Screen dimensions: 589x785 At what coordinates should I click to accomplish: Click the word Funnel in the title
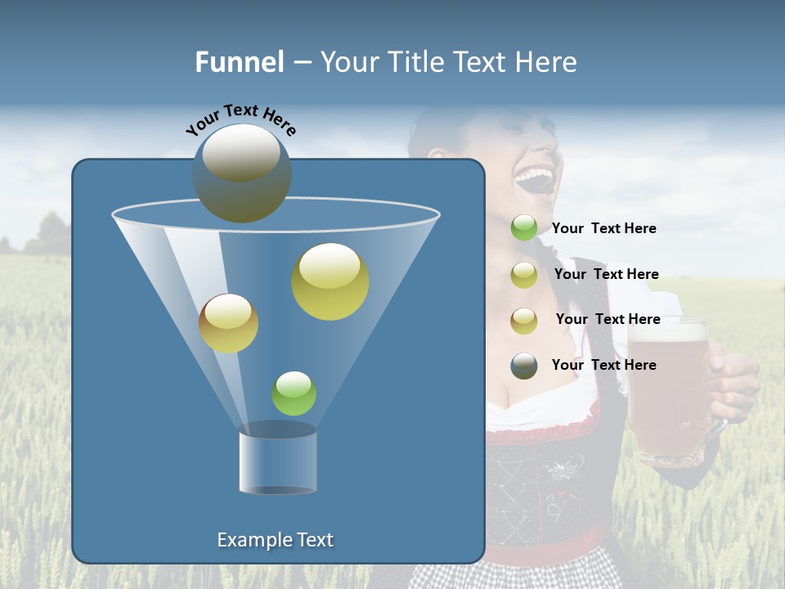(x=240, y=62)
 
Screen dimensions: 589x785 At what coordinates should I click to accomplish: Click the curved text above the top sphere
(x=240, y=119)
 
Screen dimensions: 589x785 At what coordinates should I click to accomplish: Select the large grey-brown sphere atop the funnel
(x=242, y=173)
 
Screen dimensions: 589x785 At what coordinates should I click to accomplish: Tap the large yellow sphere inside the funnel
(x=330, y=281)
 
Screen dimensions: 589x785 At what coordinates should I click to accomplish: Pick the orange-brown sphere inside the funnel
(x=228, y=323)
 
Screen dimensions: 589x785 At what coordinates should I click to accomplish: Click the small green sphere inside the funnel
(x=294, y=393)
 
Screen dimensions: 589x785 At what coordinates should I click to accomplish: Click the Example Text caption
(x=275, y=540)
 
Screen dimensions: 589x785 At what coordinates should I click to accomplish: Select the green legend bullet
(x=524, y=228)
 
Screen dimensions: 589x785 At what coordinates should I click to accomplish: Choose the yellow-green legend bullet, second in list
(x=524, y=275)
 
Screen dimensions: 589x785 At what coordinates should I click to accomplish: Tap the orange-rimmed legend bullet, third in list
(x=524, y=320)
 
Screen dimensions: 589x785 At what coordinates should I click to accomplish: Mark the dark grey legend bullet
(x=524, y=366)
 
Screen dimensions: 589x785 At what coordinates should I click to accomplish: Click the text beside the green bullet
(x=603, y=229)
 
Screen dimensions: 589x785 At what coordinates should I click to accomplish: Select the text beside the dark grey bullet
(x=603, y=365)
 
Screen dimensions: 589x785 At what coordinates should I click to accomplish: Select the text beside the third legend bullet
(x=608, y=319)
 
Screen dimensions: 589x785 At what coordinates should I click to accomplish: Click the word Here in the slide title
(x=546, y=62)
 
